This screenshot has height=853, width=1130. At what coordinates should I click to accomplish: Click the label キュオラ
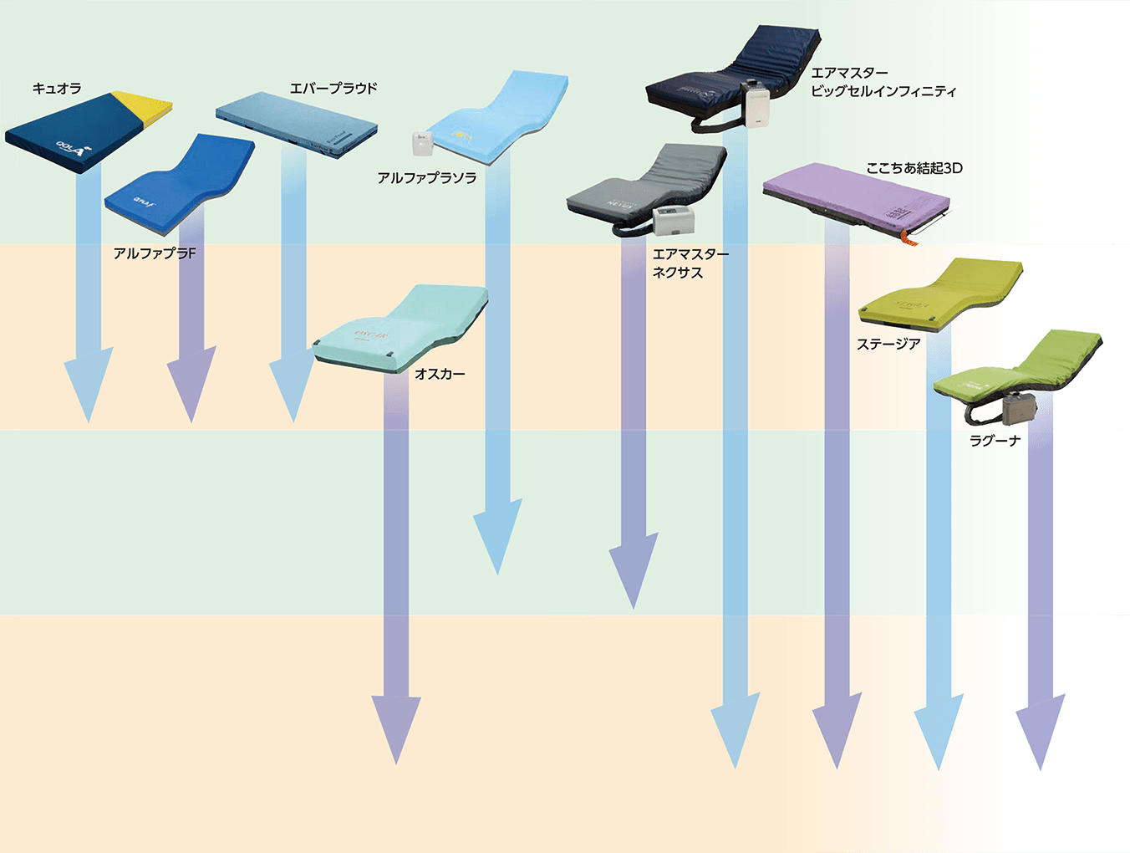click(57, 89)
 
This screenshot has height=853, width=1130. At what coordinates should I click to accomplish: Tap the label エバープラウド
click(333, 88)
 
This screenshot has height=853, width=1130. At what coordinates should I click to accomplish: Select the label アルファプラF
click(155, 253)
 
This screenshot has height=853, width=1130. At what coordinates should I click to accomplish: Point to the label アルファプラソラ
click(427, 178)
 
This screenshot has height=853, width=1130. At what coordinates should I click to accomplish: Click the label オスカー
click(440, 374)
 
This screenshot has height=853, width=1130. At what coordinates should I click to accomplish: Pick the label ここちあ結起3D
click(914, 168)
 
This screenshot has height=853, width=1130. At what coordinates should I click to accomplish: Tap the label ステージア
click(888, 344)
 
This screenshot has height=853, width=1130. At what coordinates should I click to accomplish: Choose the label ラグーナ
click(995, 441)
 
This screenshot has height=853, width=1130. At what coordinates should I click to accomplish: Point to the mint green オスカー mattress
click(401, 326)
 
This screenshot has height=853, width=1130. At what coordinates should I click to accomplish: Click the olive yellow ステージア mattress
click(940, 293)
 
